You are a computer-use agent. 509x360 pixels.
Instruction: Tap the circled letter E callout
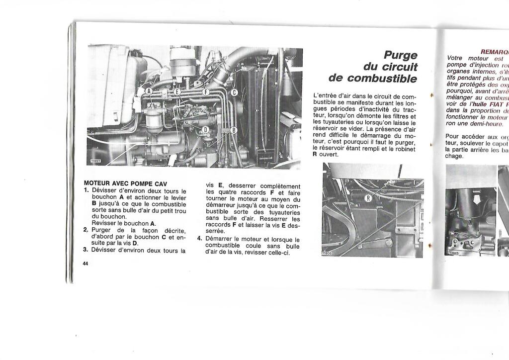177,91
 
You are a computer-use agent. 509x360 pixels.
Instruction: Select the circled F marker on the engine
204,91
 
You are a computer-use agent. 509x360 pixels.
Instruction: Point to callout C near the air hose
234,92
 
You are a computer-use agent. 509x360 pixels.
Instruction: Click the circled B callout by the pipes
234,130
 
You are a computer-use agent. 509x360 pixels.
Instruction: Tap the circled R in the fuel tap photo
368,198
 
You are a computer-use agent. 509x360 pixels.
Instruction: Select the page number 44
85,264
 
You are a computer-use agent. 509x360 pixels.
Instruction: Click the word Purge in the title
400,55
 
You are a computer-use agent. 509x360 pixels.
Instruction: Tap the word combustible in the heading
382,78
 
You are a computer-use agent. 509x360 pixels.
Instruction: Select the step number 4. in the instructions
199,238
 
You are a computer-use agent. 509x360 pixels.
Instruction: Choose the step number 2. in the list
85,230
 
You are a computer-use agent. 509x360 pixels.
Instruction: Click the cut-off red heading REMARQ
494,52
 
